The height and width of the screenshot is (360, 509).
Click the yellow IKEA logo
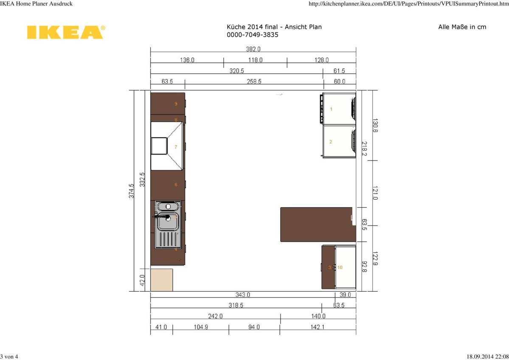[x=65, y=32]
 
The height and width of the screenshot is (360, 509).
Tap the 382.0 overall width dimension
[x=253, y=49]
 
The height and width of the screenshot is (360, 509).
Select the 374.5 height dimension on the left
[x=132, y=191]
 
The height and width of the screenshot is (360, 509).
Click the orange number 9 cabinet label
[x=176, y=104]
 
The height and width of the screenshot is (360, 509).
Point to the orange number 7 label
[x=176, y=147]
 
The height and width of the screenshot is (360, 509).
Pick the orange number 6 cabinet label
[x=176, y=185]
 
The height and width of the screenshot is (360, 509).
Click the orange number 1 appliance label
[x=331, y=109]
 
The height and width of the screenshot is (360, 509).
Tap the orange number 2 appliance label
[x=331, y=142]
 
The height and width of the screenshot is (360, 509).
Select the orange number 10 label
[x=340, y=267]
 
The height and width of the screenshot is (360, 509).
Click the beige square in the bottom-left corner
[x=162, y=280]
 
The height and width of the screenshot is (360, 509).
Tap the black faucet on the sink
[x=161, y=216]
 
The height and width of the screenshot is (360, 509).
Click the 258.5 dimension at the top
[x=254, y=81]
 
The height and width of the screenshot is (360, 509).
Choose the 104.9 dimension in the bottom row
[x=200, y=327]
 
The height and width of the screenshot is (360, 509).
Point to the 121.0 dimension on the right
[x=375, y=193]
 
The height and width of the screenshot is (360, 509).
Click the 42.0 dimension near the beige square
[x=143, y=280]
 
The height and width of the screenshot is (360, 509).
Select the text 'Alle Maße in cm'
[x=462, y=27]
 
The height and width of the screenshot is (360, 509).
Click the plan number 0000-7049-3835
[x=253, y=35]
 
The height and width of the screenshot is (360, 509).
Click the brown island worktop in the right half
[x=316, y=224]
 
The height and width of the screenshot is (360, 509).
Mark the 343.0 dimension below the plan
[x=243, y=295]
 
